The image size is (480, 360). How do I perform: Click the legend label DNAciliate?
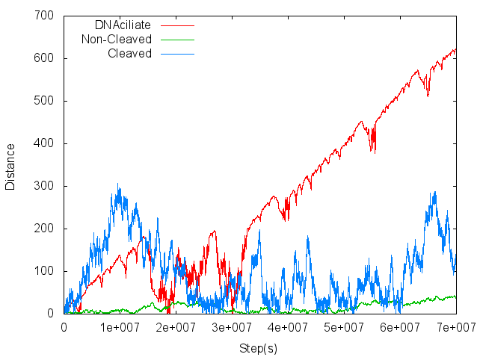point(123,25)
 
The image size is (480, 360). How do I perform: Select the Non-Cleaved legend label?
point(117,39)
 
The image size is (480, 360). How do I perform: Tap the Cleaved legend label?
point(129,53)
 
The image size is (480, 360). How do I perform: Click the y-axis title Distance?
point(10,164)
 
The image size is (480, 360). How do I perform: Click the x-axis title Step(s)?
point(259,348)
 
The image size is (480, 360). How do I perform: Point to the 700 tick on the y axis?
point(43,16)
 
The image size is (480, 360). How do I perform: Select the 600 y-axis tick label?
point(43,58)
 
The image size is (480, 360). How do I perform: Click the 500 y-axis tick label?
point(43,101)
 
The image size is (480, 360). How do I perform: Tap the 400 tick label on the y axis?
point(43,143)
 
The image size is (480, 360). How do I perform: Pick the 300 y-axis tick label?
point(43,186)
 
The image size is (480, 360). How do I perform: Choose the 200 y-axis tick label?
point(43,229)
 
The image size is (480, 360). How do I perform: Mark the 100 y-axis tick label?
point(43,271)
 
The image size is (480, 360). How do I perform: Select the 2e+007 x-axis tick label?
point(176,327)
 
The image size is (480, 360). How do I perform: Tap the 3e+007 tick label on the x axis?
point(232,327)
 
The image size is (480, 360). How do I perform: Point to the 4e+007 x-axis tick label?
point(288,327)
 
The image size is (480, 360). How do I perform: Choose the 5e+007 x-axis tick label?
point(344,327)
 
